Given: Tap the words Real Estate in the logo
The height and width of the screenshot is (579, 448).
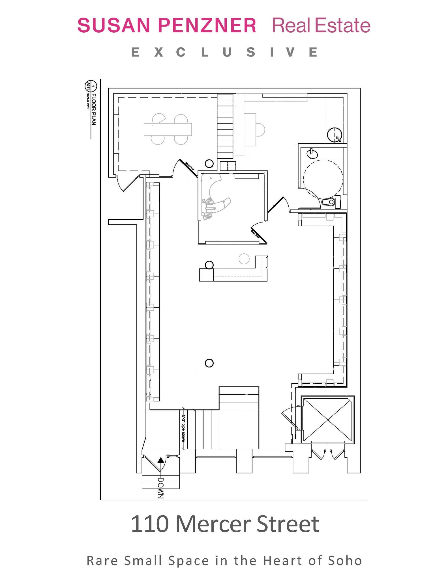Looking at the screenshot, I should (x=321, y=25).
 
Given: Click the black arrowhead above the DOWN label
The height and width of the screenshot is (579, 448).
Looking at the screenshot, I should (x=161, y=461).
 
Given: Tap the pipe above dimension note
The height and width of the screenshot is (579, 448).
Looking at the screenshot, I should (x=183, y=429).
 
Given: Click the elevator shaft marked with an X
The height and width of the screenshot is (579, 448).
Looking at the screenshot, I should (x=328, y=420).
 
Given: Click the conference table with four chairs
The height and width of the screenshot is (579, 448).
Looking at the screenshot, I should (x=168, y=129).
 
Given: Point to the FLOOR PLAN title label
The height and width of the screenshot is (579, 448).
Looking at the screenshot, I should (x=94, y=109).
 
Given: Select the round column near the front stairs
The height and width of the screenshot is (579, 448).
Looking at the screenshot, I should (x=209, y=363).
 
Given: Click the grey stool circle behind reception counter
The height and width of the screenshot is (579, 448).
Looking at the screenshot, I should (x=244, y=259).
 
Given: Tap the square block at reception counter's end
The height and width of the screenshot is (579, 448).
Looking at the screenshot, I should (x=206, y=275).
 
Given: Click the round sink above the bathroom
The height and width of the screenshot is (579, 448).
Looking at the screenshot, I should (x=335, y=135).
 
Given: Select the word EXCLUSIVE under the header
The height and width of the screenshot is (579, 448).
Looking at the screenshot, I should (x=225, y=53).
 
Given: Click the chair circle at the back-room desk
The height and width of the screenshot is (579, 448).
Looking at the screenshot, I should (x=260, y=130).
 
